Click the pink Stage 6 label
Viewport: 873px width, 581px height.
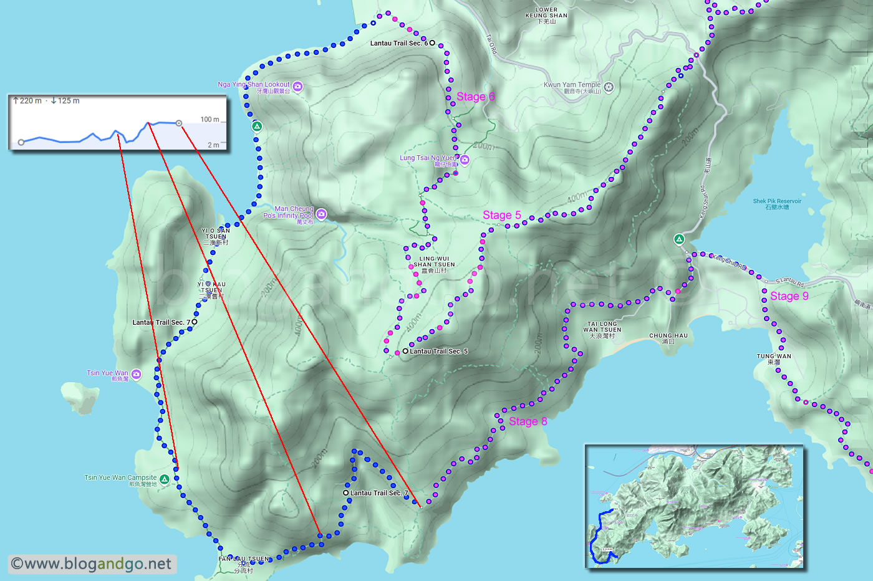pos(475,97)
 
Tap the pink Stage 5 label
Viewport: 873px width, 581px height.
pos(501,215)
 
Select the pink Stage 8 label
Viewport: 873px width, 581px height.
pos(528,421)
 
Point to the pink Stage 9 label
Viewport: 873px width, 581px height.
pos(789,296)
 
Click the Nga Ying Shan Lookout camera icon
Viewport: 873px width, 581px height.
pos(298,87)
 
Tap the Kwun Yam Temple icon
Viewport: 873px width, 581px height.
pos(609,87)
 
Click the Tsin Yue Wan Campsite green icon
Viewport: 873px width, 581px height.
pos(164,479)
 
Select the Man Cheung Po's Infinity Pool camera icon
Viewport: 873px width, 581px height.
pos(321,214)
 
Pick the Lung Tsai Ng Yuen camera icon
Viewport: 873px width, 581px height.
pos(464,160)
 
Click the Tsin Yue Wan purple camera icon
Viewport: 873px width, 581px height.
pos(137,374)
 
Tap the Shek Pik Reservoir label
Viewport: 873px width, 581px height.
pos(777,204)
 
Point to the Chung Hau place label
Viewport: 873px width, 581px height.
pos(668,338)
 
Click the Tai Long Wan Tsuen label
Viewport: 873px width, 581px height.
pos(602,330)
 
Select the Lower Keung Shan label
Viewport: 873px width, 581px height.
pos(546,16)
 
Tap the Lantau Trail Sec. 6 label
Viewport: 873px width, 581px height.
pos(399,43)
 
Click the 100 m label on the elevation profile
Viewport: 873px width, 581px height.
pos(210,119)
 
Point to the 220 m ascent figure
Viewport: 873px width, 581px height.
pos(30,100)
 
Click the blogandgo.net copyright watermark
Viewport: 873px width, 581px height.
pos(92,564)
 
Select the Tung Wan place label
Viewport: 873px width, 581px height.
pos(774,358)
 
